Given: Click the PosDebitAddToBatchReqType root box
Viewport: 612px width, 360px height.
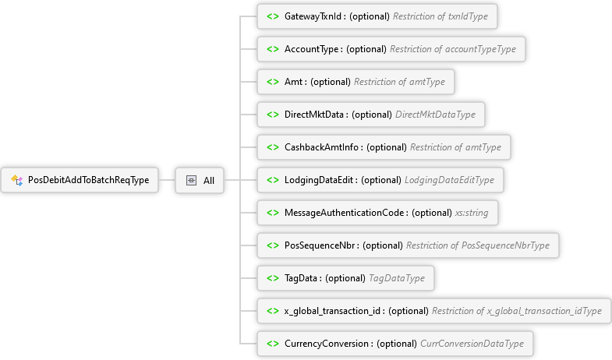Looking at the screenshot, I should [x=80, y=180].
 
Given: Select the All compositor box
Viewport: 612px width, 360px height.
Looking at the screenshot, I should [x=200, y=180].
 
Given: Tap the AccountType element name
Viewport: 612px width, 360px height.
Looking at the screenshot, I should [x=313, y=49].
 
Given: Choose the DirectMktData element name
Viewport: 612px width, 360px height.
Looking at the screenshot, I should [x=316, y=115].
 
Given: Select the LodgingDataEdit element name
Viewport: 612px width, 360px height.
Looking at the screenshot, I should [x=320, y=180].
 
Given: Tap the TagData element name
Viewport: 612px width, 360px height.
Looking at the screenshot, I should [x=302, y=278].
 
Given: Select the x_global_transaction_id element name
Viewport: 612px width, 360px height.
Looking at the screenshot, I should [x=334, y=311].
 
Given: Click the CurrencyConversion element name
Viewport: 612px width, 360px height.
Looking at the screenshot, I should [x=328, y=344].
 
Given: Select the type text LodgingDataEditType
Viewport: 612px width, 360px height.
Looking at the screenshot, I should [x=449, y=180].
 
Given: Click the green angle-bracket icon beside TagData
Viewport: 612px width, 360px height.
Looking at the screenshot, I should [x=273, y=278].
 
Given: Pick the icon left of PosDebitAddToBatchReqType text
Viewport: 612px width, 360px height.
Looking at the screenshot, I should [x=16, y=181].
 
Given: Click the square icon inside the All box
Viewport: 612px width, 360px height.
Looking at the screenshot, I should [x=191, y=181].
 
